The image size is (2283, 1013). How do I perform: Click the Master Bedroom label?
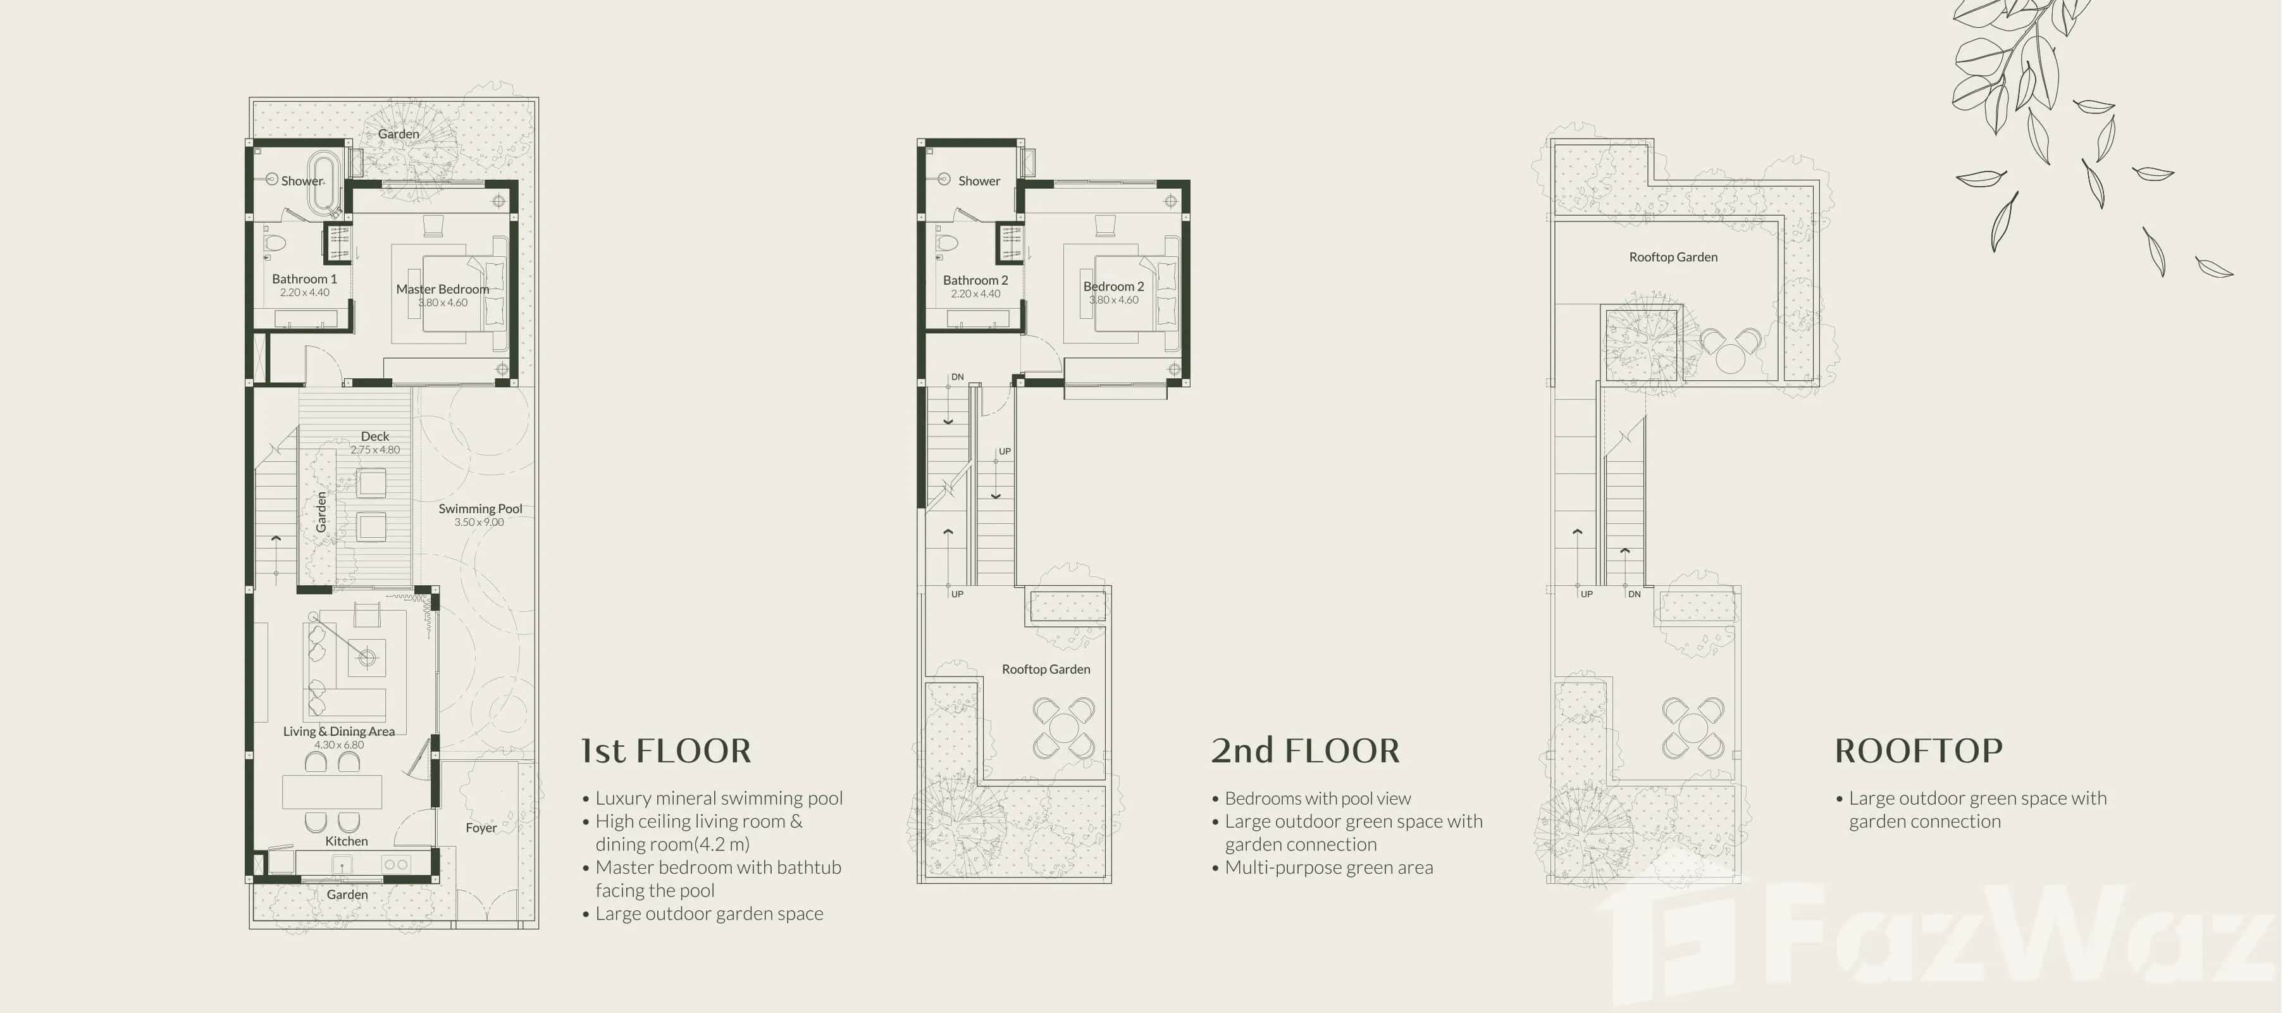[442, 289]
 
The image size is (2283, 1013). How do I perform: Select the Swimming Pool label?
[480, 509]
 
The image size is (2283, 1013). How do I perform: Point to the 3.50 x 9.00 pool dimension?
[479, 522]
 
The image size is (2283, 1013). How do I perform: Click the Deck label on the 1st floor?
[375, 436]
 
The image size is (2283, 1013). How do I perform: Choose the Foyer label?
[481, 828]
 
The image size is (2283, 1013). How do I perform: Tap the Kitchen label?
[347, 841]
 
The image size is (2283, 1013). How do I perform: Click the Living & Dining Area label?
[338, 731]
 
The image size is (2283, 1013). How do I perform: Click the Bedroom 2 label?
[1113, 286]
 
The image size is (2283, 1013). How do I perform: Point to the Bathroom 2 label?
[975, 280]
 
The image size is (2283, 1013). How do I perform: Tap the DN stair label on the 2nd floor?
[957, 376]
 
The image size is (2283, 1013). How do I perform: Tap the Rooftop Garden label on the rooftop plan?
[1673, 257]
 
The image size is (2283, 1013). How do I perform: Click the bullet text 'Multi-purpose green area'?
[1328, 867]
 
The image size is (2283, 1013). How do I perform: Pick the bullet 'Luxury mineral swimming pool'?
[718, 799]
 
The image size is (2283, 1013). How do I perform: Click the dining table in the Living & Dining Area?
[332, 792]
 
